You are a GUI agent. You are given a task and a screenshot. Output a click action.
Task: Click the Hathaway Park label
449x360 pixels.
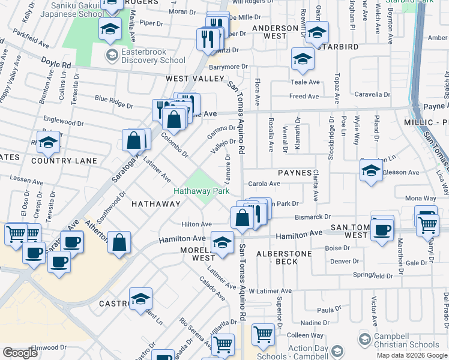tap(202, 191)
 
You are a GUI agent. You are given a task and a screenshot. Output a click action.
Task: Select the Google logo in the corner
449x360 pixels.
tap(20, 353)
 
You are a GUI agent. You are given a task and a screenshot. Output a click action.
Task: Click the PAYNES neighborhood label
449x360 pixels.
tap(294, 173)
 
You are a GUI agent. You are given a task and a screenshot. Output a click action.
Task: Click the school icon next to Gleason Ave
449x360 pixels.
tap(372, 171)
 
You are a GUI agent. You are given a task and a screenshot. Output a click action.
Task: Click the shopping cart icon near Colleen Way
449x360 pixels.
tap(263, 335)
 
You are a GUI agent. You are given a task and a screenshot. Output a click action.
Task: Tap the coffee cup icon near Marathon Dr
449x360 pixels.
tap(382, 229)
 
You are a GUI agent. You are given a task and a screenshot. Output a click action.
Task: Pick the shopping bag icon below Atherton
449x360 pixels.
tap(120, 242)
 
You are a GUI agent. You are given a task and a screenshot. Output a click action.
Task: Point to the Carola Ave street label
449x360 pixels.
tap(265, 184)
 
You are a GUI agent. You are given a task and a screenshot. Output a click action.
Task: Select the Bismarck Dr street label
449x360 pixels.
tap(312, 217)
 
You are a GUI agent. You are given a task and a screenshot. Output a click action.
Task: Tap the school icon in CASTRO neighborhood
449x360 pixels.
tap(140, 299)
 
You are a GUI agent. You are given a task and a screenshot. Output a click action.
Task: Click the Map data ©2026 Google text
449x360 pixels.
tap(411, 355)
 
